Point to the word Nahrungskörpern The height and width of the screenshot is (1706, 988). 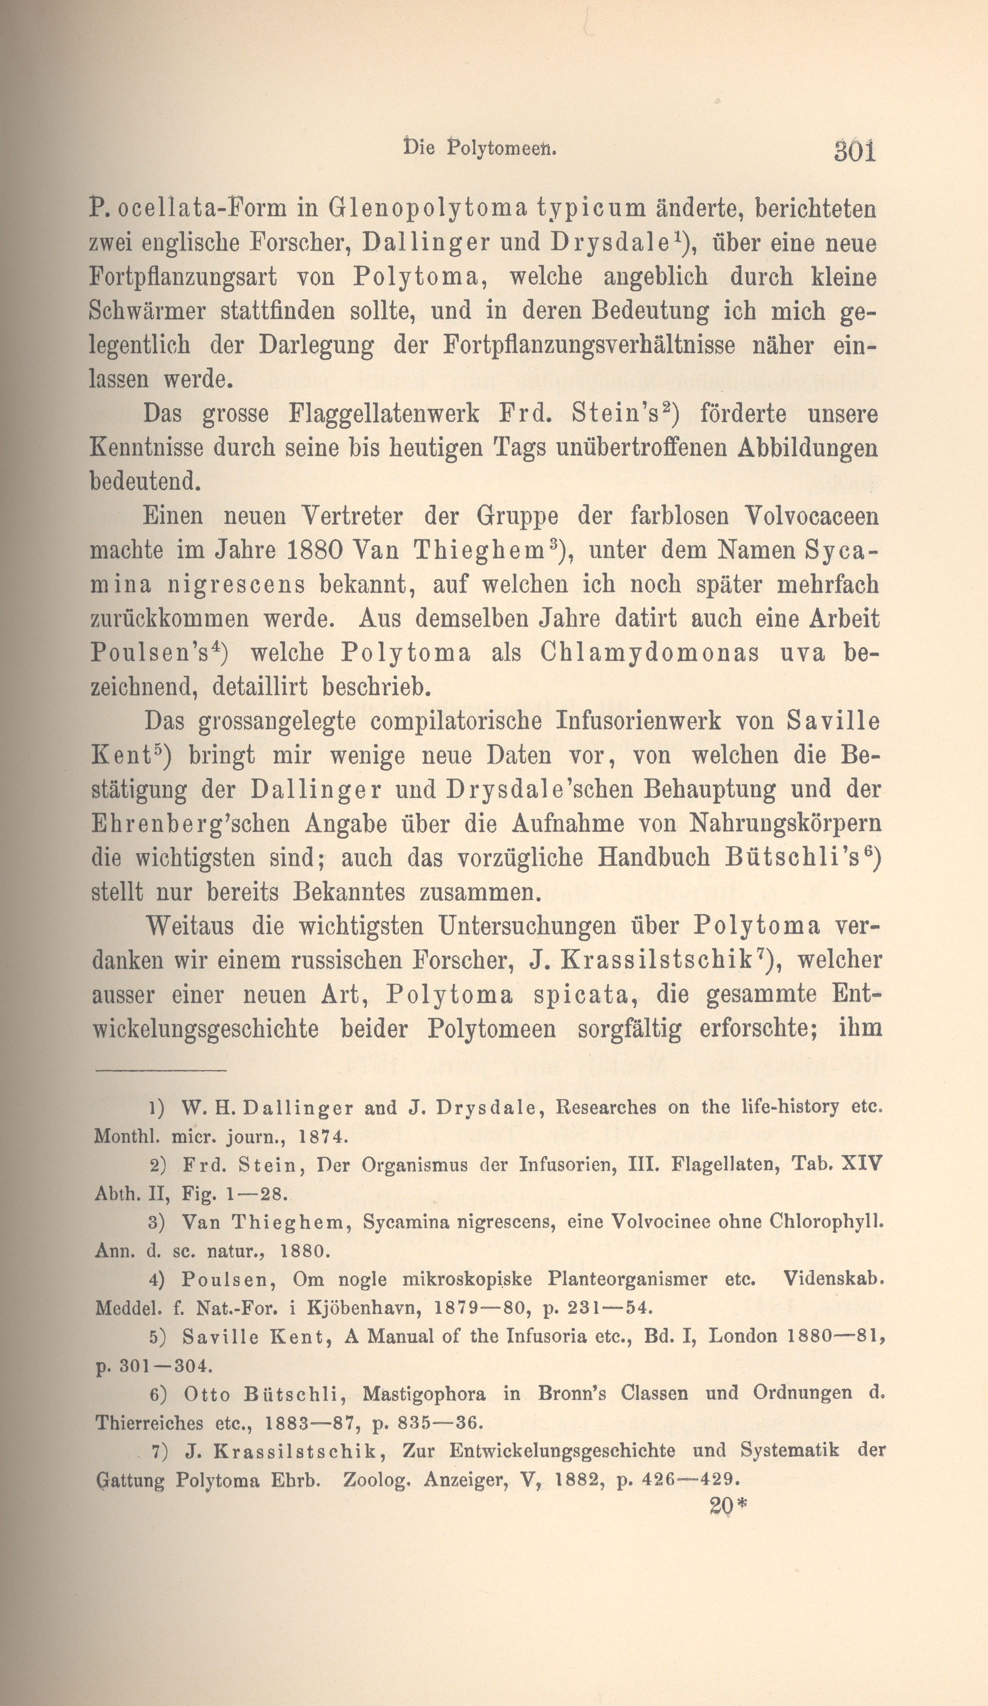coord(785,824)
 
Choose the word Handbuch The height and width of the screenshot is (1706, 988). coord(654,858)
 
